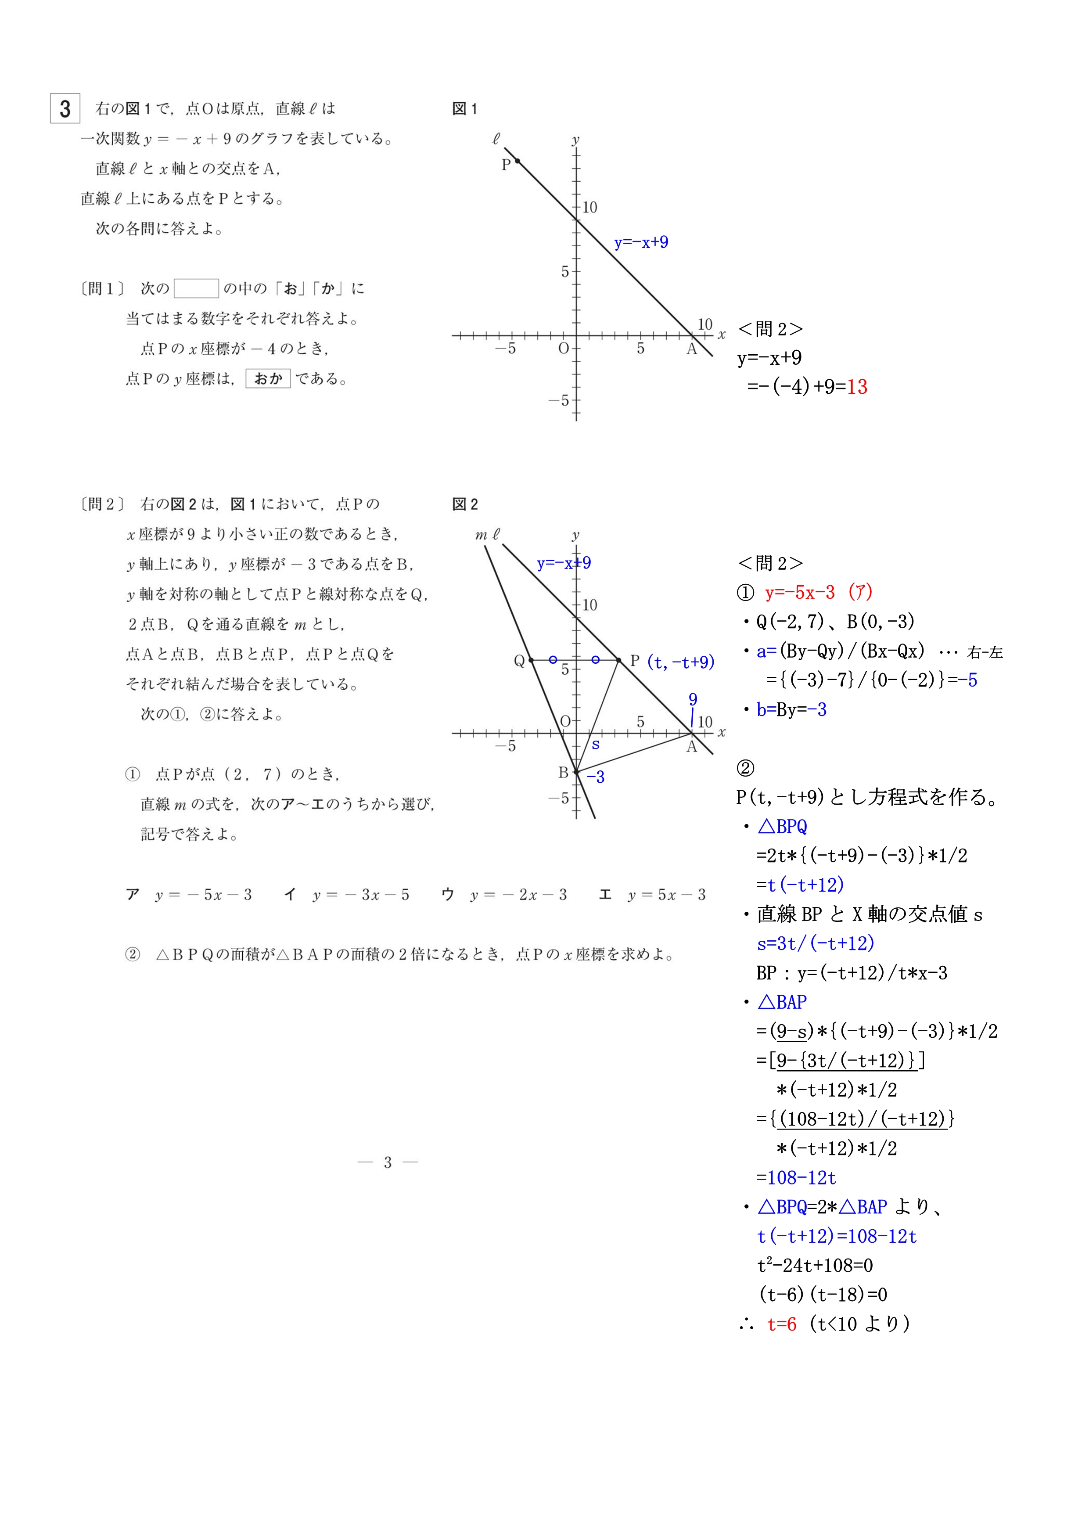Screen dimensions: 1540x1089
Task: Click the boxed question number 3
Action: (x=65, y=109)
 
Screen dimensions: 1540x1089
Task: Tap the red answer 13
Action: (x=857, y=387)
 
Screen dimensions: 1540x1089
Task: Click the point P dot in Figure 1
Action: (x=517, y=161)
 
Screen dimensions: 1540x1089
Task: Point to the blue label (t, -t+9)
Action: (x=681, y=662)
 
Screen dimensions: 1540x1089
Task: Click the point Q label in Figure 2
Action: (x=519, y=661)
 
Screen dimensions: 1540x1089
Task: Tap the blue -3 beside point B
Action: (x=596, y=777)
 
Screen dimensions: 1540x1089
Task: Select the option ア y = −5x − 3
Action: (x=189, y=894)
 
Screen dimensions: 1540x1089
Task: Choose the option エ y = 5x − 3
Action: (x=652, y=894)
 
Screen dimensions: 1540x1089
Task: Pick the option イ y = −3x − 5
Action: (x=347, y=894)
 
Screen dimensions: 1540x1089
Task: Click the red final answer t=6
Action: (x=782, y=1324)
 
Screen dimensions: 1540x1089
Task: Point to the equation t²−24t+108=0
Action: (x=815, y=1266)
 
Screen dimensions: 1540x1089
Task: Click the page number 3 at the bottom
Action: (x=388, y=1162)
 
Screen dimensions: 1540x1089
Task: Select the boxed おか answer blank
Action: (x=268, y=379)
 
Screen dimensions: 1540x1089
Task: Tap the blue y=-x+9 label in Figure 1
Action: (x=641, y=242)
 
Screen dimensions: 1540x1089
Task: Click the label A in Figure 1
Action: (x=691, y=349)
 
